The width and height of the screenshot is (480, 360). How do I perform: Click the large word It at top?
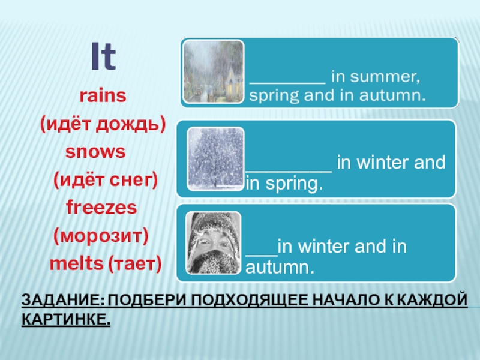coord(103,57)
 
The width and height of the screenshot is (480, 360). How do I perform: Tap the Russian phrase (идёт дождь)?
coord(103,124)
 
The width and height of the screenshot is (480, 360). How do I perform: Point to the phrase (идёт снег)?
coord(106,178)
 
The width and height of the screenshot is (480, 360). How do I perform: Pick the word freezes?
coord(101,208)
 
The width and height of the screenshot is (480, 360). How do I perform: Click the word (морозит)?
coord(101,235)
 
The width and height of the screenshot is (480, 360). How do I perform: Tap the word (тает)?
coord(135,263)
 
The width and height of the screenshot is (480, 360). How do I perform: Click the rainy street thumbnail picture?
coord(213,71)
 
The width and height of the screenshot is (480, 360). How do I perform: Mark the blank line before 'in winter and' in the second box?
coord(289,166)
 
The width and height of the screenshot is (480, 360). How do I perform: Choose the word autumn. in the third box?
coord(280,268)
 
